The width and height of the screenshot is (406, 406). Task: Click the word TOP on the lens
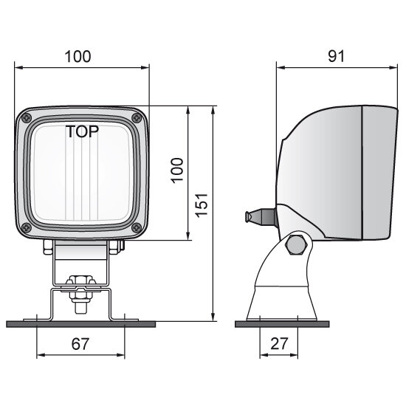tap(84, 132)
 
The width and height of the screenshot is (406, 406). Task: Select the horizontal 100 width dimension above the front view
tap(83, 56)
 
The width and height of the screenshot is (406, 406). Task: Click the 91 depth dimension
tap(334, 56)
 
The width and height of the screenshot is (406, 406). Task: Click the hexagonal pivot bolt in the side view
tap(297, 244)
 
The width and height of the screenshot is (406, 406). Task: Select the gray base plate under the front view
tap(80, 323)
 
